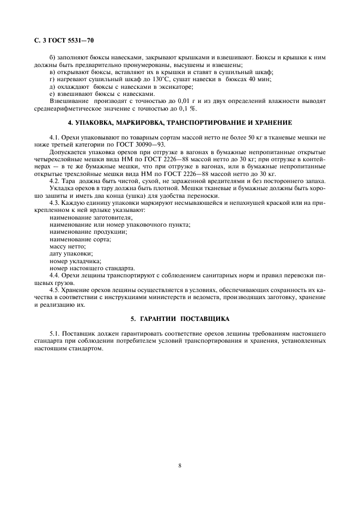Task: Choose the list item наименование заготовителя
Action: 83,217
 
